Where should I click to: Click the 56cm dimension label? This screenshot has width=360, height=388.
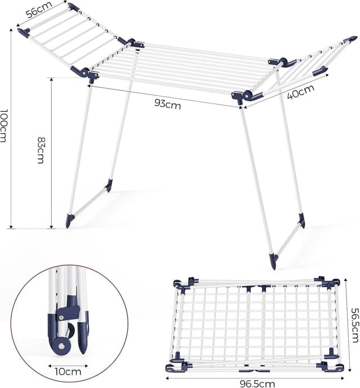click(x=39, y=10)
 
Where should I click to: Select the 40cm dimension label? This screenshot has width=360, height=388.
click(x=300, y=91)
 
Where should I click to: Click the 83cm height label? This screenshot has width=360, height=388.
click(x=41, y=150)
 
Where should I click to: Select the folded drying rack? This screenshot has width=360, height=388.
click(x=256, y=325)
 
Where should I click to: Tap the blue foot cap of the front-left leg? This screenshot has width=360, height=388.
click(x=70, y=220)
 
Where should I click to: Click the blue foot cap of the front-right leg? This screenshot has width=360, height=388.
click(x=273, y=261)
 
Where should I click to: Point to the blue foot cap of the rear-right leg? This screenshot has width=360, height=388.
click(x=301, y=220)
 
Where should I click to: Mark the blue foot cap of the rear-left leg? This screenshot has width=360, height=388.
click(x=109, y=186)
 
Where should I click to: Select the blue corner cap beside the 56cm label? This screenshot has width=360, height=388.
click(x=73, y=7)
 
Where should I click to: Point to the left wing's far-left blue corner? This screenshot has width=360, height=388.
click(x=23, y=33)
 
